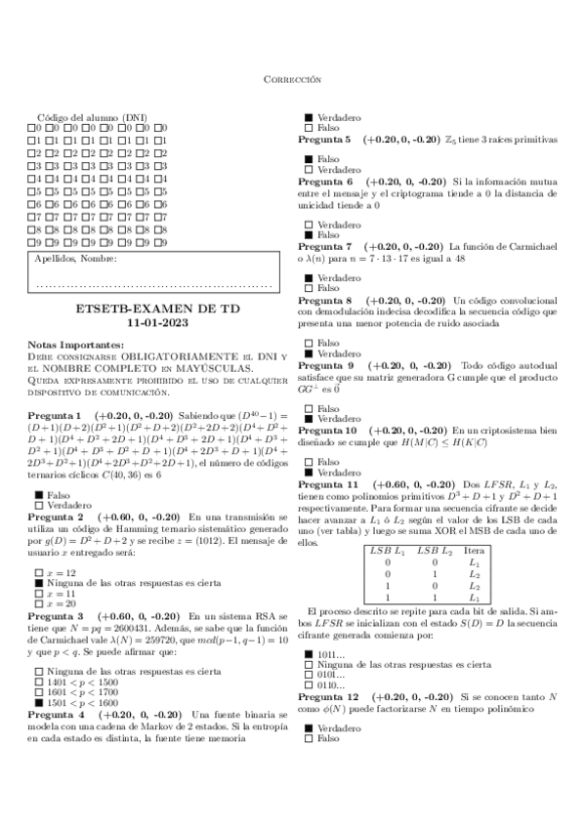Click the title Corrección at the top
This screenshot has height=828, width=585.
pyautogui.click(x=293, y=78)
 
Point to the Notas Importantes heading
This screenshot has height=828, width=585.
pyautogui.click(x=76, y=345)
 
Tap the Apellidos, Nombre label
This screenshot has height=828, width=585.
pyautogui.click(x=76, y=260)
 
